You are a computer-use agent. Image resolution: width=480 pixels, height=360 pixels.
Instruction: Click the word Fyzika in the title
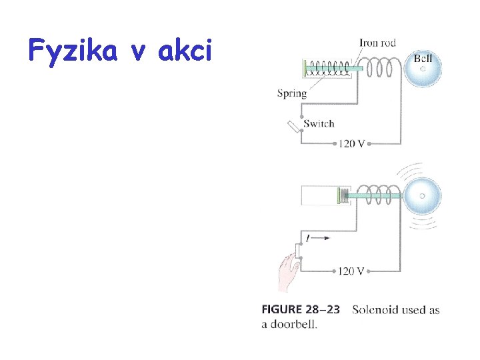click(74, 50)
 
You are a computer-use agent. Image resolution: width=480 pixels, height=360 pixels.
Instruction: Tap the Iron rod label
click(377, 43)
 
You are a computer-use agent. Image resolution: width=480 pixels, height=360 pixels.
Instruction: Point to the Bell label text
click(423, 59)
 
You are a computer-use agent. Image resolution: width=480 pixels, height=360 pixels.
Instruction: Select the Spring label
click(291, 93)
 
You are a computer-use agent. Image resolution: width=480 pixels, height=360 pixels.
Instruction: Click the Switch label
click(319, 123)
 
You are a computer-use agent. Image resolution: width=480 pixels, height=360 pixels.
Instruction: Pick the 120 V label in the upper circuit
click(351, 143)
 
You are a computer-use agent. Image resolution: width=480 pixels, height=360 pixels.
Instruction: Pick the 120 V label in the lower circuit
click(351, 271)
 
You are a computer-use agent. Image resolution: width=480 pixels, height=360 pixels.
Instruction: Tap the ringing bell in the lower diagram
click(421, 196)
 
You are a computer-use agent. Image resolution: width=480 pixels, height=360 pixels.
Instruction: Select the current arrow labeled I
click(319, 238)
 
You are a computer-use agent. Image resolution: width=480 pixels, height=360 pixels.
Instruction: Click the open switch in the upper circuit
click(294, 127)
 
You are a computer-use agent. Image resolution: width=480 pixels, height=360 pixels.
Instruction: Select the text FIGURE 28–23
click(300, 309)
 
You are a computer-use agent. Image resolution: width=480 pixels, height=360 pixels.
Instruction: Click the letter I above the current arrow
click(307, 238)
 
